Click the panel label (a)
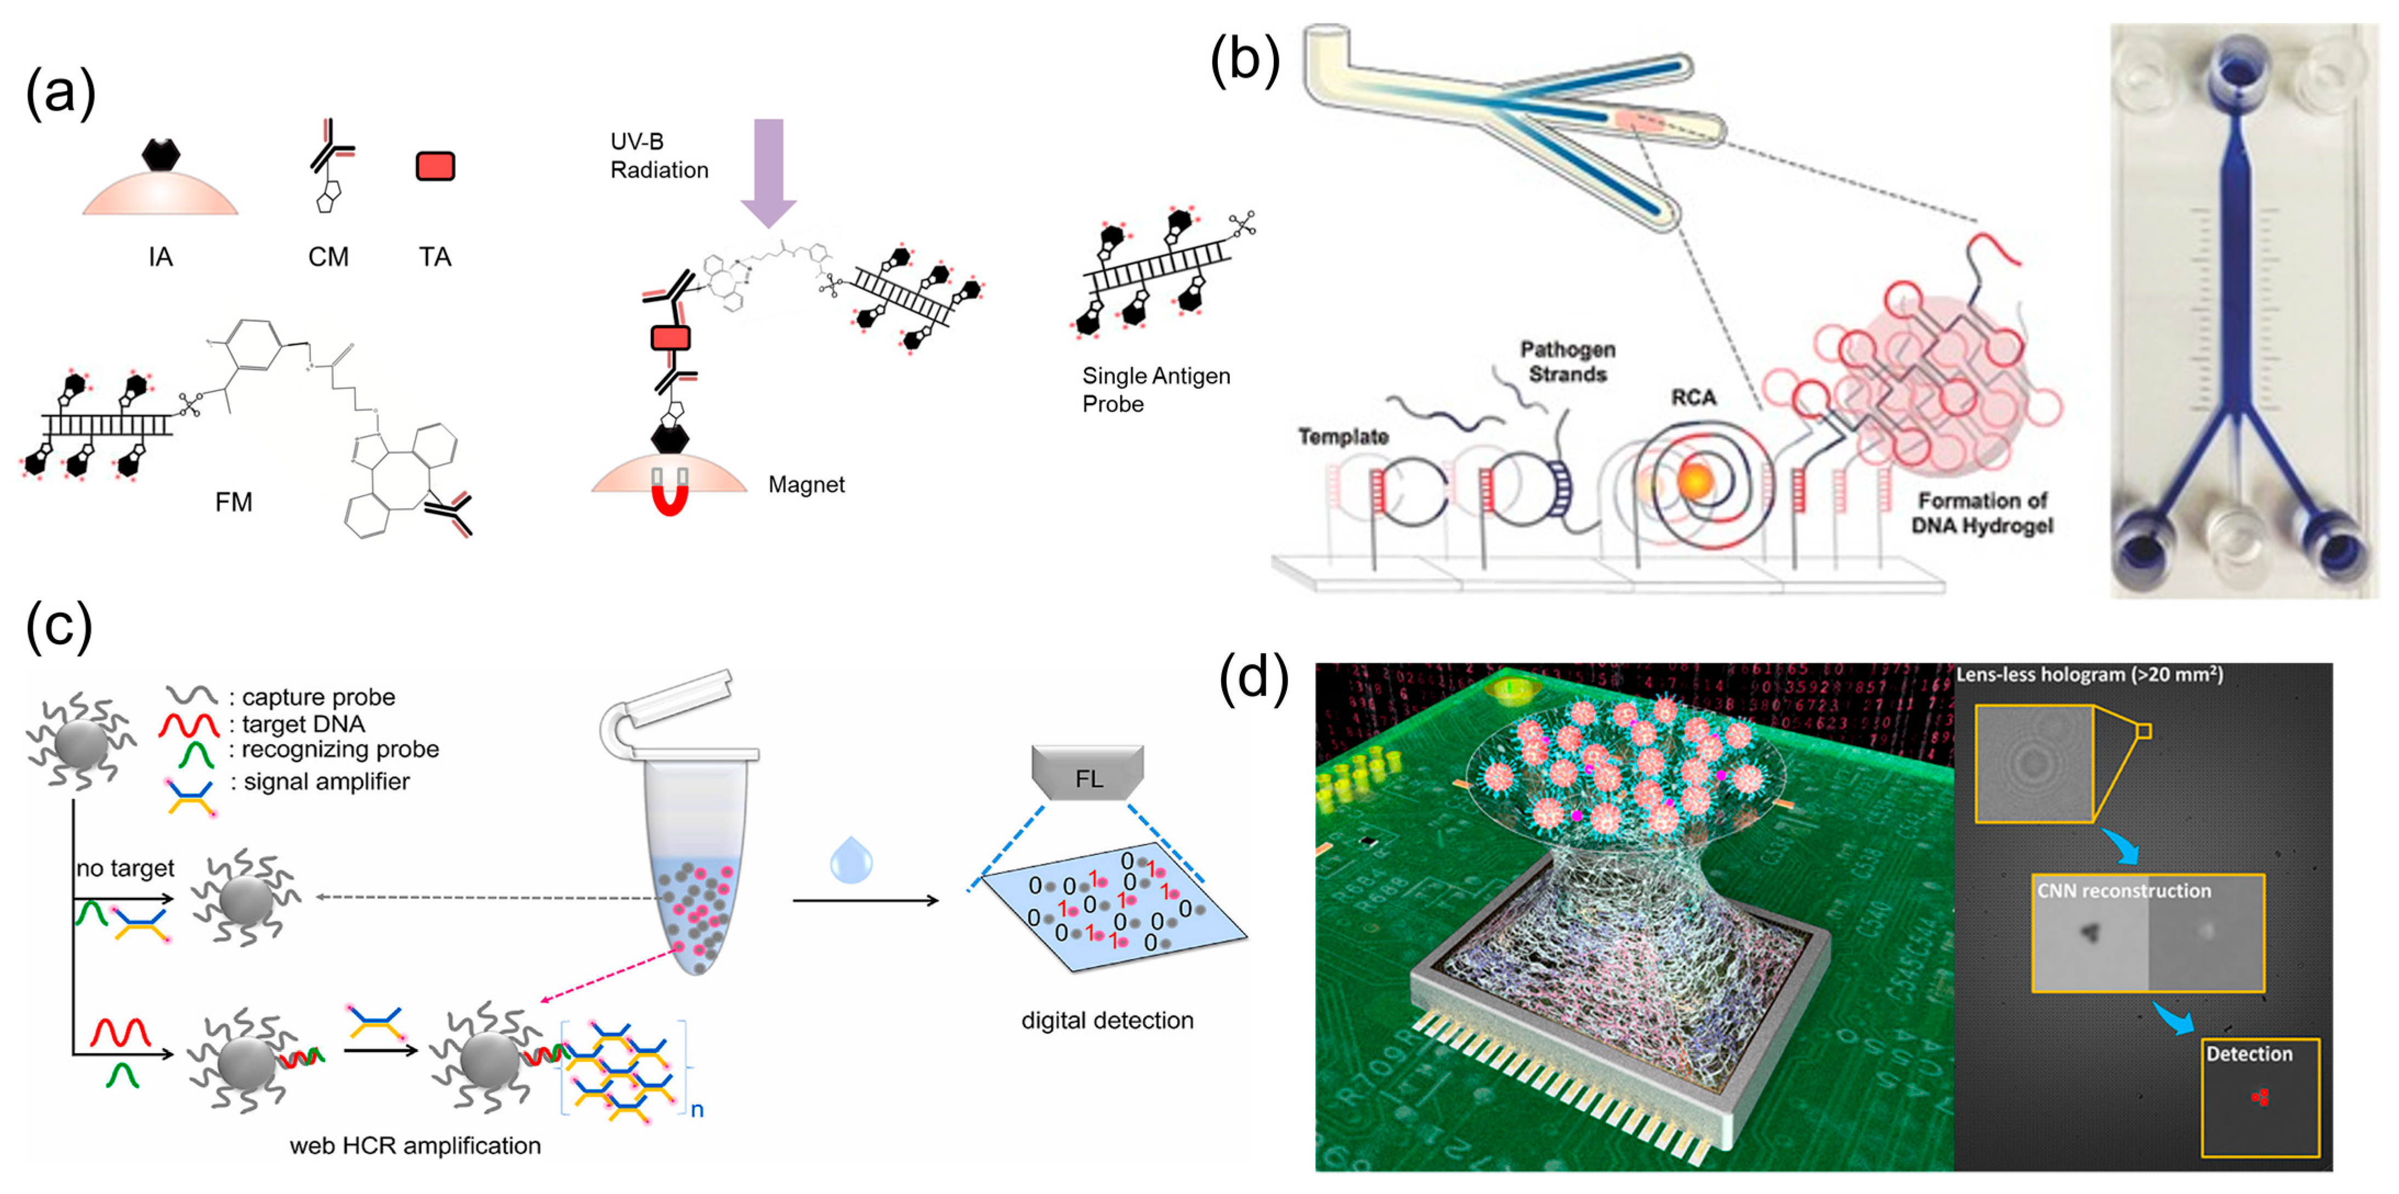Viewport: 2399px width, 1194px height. click(x=60, y=93)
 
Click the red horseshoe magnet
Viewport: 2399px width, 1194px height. click(x=670, y=491)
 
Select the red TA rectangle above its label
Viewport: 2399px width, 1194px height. click(x=435, y=167)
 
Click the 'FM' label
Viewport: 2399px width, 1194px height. click(x=233, y=502)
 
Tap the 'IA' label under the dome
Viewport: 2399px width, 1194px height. click(x=160, y=257)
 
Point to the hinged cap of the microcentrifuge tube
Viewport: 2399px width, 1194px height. click(x=671, y=708)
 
